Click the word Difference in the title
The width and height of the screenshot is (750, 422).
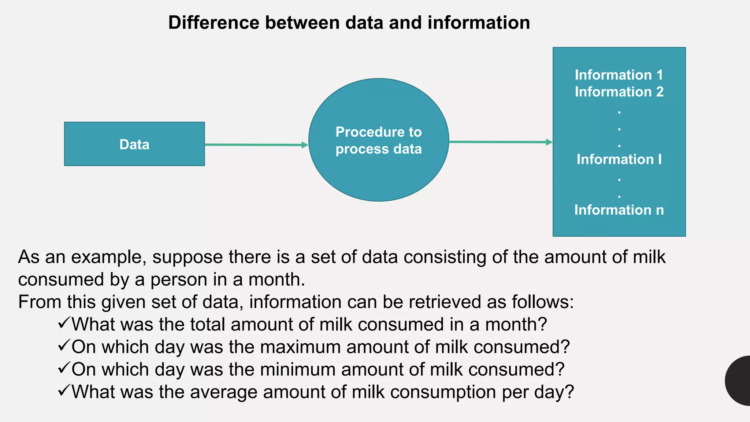pyautogui.click(x=214, y=23)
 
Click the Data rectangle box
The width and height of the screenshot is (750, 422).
pyautogui.click(x=134, y=144)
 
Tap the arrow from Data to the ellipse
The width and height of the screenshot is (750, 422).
pyautogui.click(x=256, y=145)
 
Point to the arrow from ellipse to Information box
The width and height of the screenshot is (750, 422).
pyautogui.click(x=500, y=142)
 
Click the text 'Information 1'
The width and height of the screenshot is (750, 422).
pyautogui.click(x=619, y=75)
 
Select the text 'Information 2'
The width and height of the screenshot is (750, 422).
pyautogui.click(x=619, y=92)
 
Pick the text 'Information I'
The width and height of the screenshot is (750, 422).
pyautogui.click(x=619, y=159)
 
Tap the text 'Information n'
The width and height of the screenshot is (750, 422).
pyautogui.click(x=619, y=210)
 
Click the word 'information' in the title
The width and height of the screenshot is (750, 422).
pyautogui.click(x=479, y=23)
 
